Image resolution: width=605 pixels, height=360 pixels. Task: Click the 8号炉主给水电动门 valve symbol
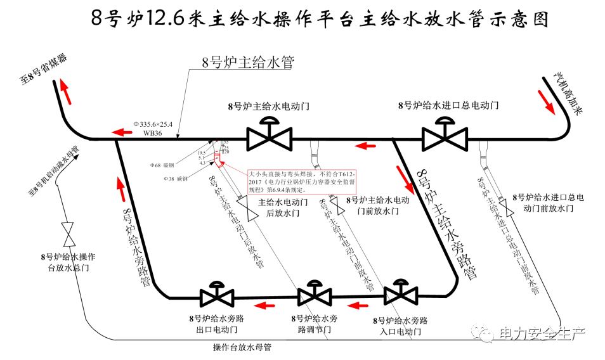(270, 136)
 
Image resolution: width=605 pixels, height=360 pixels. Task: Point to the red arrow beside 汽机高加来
(546, 100)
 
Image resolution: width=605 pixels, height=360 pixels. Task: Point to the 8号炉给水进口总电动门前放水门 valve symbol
(505, 209)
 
